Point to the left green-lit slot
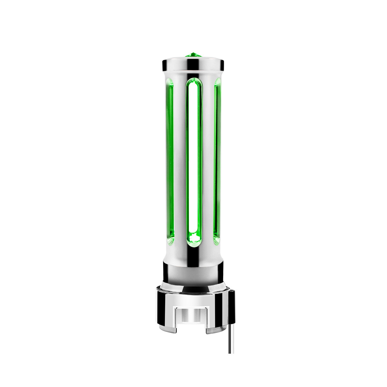[x=170, y=161]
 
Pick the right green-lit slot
[x=217, y=161]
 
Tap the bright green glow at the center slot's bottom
[x=194, y=238]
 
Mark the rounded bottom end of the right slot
[x=217, y=239]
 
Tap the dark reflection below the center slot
[x=194, y=255]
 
